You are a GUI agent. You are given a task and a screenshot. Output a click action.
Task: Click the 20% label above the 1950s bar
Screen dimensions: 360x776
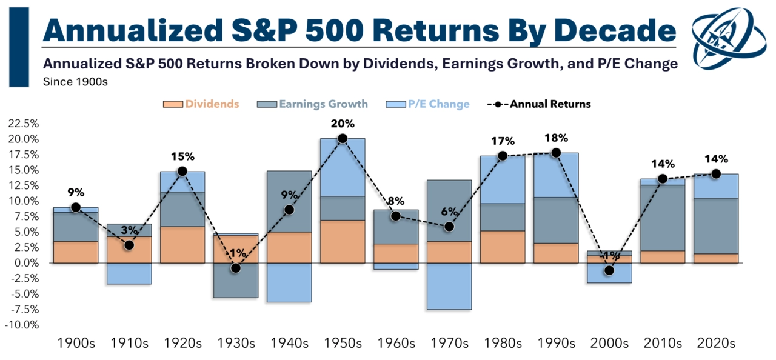coord(343,124)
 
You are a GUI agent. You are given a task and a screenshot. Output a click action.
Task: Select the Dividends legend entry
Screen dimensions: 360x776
coord(201,104)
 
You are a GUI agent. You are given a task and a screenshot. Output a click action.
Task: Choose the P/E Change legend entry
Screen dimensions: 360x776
coord(427,104)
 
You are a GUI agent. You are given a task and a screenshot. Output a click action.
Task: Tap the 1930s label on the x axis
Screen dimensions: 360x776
coord(235,344)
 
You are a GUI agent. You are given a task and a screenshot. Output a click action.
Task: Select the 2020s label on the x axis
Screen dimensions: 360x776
coord(716,344)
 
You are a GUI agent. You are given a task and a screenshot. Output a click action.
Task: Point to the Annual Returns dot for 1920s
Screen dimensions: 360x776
coord(182,172)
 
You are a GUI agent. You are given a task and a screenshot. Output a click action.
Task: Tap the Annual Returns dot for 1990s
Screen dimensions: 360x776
coord(556,153)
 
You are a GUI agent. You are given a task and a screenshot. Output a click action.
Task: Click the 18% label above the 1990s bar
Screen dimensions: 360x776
coord(556,138)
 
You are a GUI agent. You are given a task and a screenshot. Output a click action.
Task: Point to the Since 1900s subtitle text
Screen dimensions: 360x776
coord(75,82)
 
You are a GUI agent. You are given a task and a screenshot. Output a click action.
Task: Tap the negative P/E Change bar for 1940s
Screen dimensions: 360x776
coord(289,282)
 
